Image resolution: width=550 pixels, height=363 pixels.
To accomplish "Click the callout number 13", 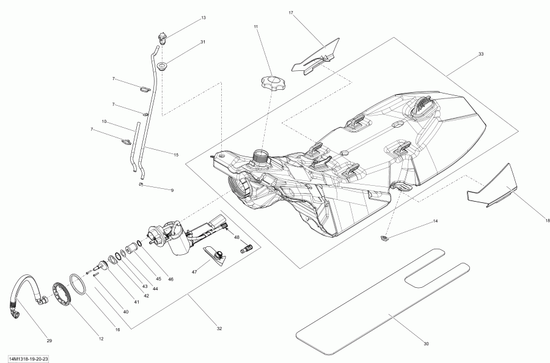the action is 204,18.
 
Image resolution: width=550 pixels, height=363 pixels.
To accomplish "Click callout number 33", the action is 481,54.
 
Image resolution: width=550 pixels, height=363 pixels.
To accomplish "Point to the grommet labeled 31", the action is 162,66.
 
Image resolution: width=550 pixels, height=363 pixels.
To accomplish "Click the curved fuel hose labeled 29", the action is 26,291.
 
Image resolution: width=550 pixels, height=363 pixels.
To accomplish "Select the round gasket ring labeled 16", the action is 78,284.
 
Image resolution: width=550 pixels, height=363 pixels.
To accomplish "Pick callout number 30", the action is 426,343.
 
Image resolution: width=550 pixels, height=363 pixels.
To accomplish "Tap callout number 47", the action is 194,271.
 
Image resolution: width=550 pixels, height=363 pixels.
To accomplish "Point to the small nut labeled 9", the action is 141,184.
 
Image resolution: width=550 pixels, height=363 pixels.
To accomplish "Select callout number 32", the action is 219,329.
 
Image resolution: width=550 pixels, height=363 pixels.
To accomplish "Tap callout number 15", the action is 176,155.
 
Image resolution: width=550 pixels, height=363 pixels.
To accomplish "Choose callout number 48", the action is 237,238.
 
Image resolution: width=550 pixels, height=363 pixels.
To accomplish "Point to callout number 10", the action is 104,122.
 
